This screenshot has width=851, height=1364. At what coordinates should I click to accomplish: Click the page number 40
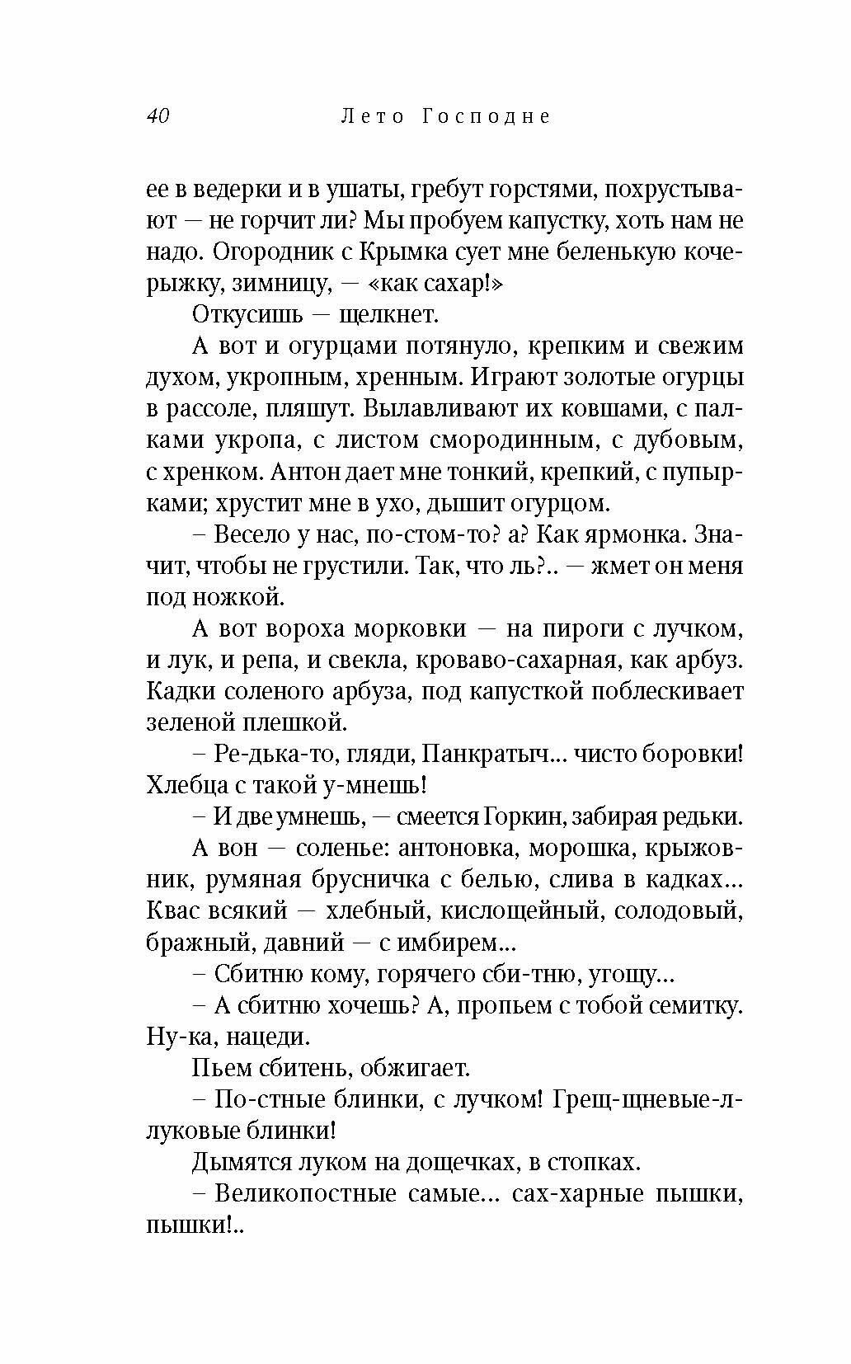click(158, 116)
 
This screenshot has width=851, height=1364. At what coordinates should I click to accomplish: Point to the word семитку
click(694, 1006)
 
